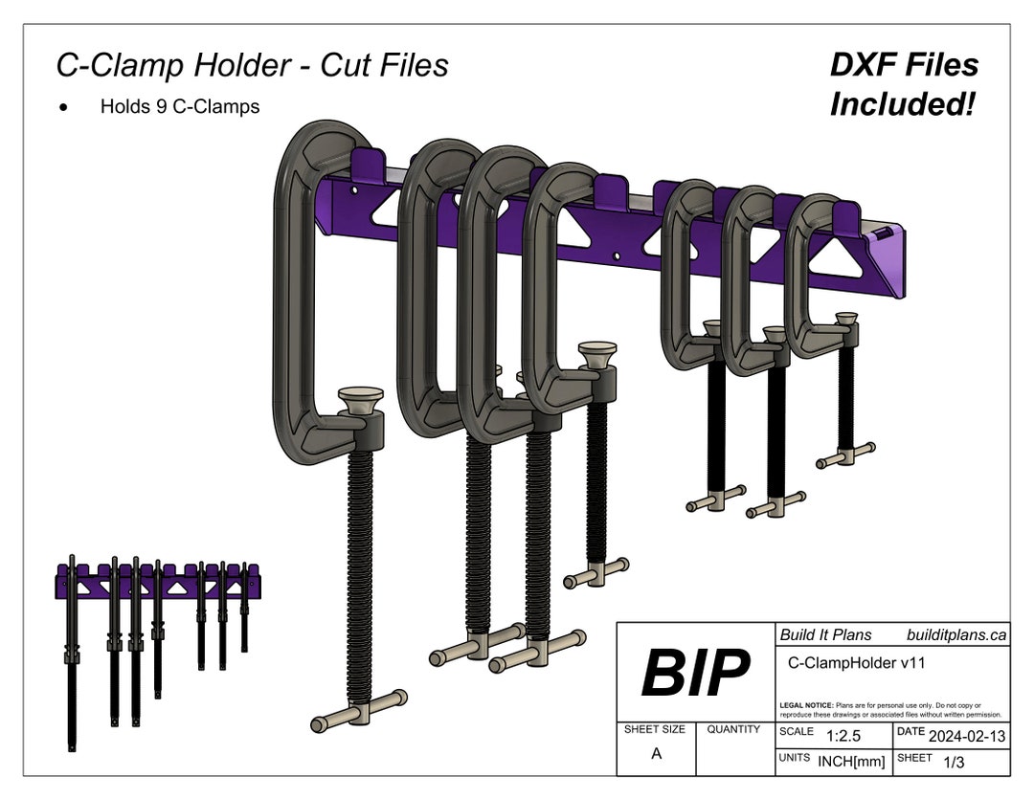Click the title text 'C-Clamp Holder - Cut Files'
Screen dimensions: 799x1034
252,65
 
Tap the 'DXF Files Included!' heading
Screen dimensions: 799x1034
903,84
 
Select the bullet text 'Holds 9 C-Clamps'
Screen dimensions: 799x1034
180,106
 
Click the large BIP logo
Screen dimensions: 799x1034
695,672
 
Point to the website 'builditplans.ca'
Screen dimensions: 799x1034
955,634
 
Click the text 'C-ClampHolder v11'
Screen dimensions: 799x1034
856,661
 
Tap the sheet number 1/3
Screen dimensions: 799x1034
954,763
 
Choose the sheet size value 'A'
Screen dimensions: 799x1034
656,754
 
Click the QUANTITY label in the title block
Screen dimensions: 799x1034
734,729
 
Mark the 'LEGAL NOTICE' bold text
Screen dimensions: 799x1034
806,705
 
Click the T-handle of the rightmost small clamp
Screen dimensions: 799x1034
845,455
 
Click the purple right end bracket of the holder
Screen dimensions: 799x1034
887,264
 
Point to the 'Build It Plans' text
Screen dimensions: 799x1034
825,634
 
